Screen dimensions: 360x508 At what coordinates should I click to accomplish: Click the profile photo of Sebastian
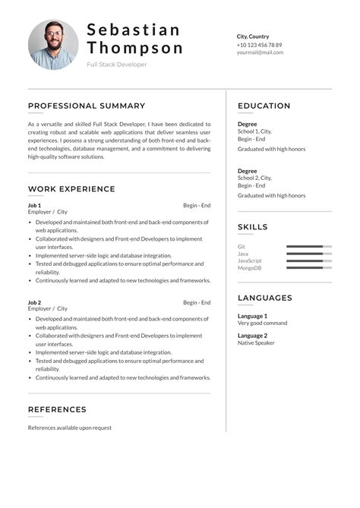coord(53,45)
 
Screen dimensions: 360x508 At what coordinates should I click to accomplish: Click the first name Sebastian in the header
coord(134,30)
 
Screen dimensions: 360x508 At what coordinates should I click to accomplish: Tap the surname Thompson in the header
coord(135,48)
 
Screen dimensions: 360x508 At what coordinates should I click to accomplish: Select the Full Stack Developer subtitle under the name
coord(117,65)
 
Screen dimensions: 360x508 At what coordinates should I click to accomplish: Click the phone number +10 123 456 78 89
coord(259,45)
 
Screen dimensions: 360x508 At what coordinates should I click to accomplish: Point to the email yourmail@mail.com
coord(260,53)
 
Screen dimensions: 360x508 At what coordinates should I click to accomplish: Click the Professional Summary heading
coord(87,106)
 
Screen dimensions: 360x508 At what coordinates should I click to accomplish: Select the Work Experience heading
coord(71,189)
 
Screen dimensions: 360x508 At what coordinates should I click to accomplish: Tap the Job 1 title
coord(35,205)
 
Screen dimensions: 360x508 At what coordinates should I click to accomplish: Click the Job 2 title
coord(35,302)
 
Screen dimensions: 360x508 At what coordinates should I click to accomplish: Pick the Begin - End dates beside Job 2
coord(197,302)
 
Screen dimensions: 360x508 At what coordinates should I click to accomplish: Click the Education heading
coord(264,106)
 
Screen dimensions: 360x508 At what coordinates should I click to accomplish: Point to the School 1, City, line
coord(254,131)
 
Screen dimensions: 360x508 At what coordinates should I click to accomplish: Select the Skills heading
coord(253,227)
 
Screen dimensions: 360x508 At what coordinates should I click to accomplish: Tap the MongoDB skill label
coord(250,268)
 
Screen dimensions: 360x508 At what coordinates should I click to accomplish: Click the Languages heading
coord(265,298)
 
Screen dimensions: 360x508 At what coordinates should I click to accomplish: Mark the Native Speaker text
coord(257,343)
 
